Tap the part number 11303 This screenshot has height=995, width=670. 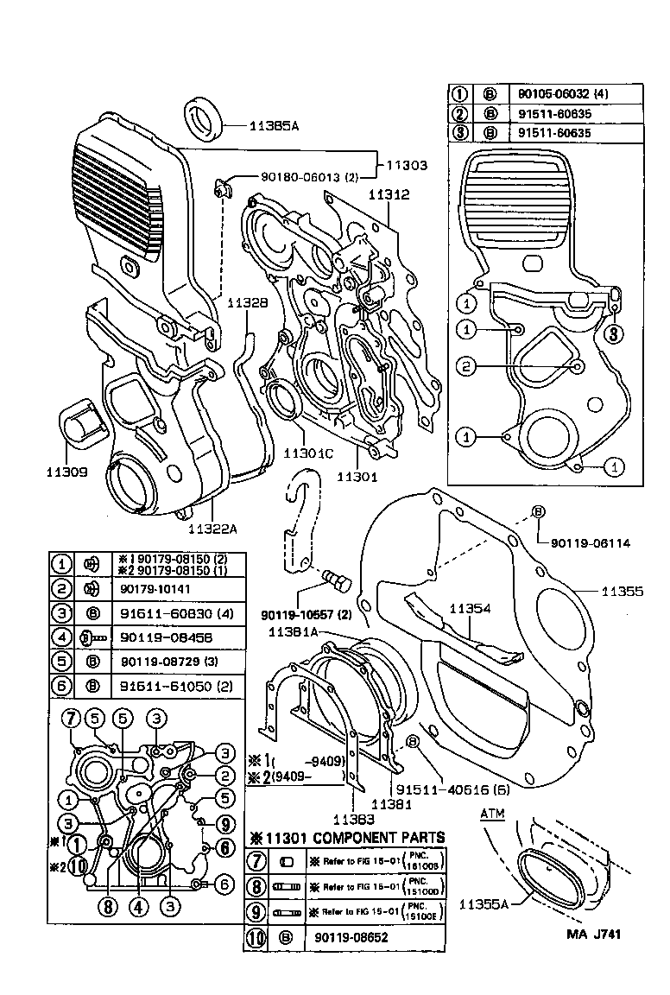pyautogui.click(x=407, y=163)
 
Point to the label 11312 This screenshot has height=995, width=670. pyautogui.click(x=389, y=195)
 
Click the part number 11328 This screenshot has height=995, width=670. pyautogui.click(x=248, y=303)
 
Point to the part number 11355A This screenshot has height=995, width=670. pyautogui.click(x=484, y=904)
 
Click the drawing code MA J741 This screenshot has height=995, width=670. pyautogui.click(x=593, y=934)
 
